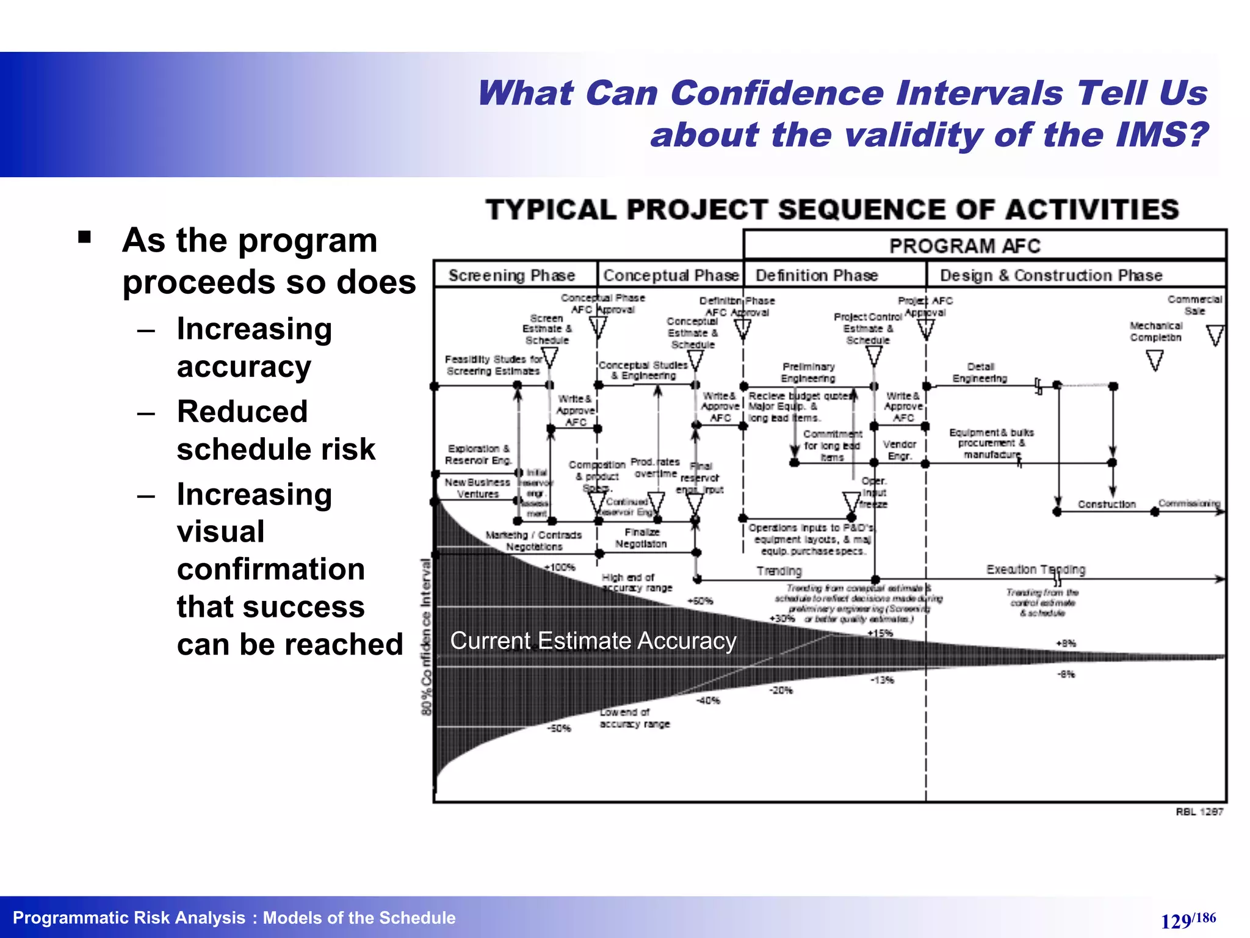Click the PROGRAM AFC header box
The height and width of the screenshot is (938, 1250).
[964, 245]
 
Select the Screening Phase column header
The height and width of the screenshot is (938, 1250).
[511, 275]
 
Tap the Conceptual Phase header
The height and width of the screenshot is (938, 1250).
[671, 275]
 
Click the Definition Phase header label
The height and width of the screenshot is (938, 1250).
[817, 275]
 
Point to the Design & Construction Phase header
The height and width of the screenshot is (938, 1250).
[1051, 275]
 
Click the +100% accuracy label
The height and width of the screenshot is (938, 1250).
[560, 567]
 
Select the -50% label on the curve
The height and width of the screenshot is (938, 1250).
[559, 729]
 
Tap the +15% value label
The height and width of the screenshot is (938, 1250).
[880, 633]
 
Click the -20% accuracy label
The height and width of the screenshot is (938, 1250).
[781, 691]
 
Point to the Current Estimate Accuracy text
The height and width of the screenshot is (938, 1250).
[593, 641]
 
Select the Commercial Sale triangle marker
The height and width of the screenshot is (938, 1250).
[1215, 335]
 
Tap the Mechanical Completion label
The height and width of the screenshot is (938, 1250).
[1155, 332]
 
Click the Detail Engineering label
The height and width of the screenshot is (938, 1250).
[980, 373]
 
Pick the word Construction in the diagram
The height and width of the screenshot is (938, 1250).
[1107, 504]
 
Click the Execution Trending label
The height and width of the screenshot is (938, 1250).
[1036, 569]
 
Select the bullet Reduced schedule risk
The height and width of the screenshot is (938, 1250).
[276, 430]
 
